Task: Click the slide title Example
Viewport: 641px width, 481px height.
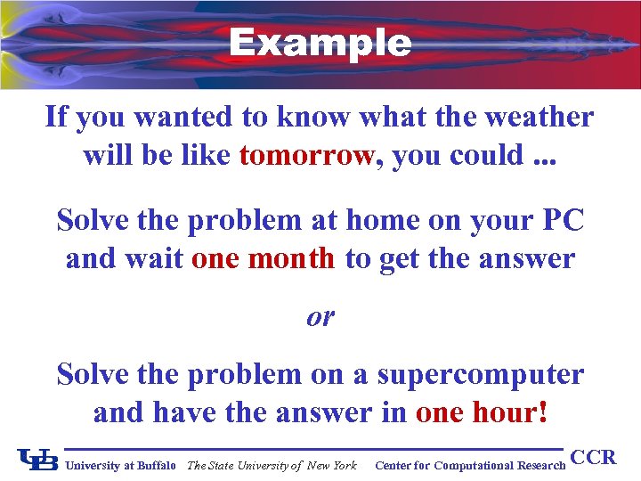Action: [320, 42]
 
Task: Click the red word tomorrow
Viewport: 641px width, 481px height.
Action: [306, 155]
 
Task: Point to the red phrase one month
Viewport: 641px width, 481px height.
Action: [263, 258]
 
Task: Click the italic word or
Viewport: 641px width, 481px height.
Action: [320, 316]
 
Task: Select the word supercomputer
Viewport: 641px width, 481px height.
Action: [481, 374]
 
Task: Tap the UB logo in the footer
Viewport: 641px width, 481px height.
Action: [37, 461]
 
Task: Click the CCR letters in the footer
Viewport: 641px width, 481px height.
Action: [593, 458]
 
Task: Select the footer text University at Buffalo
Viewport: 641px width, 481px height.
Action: [121, 465]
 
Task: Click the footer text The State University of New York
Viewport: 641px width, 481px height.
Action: [272, 465]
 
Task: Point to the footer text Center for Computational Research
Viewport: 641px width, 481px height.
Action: [470, 465]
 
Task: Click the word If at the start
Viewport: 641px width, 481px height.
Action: [56, 117]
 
